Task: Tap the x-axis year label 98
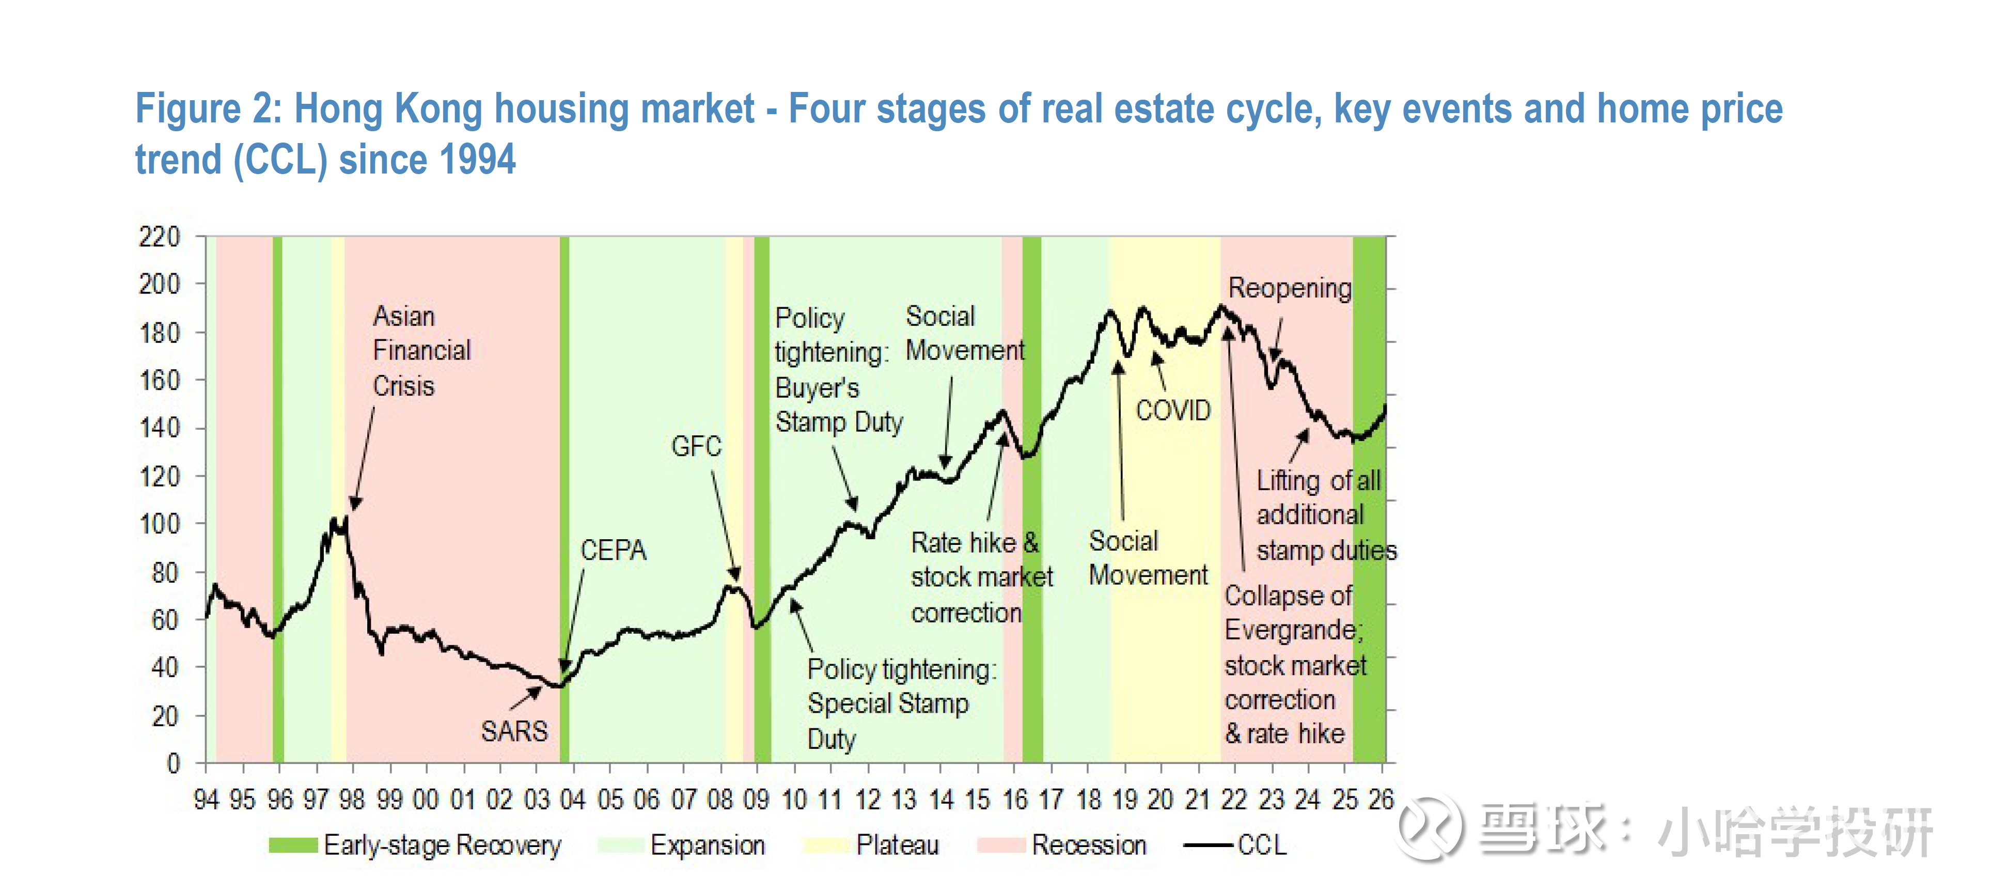coord(352,799)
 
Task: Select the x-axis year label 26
coord(1381,799)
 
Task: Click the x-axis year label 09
coord(756,799)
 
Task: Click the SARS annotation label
coord(514,731)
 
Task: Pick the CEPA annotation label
coord(613,551)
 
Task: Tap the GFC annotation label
coord(696,446)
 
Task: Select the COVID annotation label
coord(1172,411)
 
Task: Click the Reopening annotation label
coord(1290,288)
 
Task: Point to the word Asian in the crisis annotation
coord(403,316)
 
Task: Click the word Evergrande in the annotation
coord(1292,630)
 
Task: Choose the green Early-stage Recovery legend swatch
coord(293,845)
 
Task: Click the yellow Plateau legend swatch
coord(825,845)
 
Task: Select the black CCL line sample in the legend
coord(1208,845)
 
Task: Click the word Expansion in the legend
coord(707,845)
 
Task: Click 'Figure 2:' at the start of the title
coord(207,108)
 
